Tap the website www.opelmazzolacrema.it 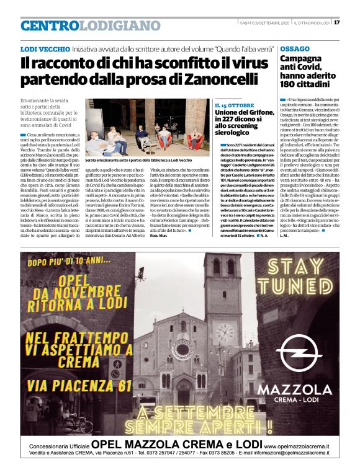[297, 445]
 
